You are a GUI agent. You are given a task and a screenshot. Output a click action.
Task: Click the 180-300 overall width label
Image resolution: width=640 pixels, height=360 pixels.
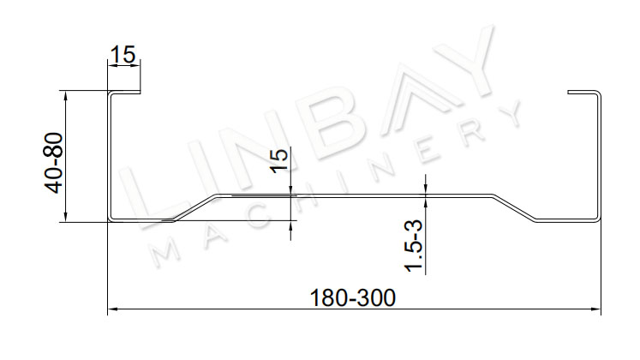pos(353,298)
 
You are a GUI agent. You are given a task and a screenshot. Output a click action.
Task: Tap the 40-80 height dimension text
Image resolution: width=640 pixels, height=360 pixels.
pos(54,163)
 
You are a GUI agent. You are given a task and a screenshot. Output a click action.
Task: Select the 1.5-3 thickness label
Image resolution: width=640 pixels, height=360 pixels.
pos(414,245)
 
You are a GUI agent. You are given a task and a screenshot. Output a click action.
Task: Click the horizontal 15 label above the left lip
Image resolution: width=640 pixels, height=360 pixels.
pos(123,55)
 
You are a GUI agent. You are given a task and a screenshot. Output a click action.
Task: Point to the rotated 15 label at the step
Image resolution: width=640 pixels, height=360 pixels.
pos(279,161)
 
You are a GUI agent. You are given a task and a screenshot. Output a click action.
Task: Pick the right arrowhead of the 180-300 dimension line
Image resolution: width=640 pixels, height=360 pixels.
pos(596,309)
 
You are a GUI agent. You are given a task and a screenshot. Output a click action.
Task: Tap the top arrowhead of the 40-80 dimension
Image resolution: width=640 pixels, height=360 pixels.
pos(65,94)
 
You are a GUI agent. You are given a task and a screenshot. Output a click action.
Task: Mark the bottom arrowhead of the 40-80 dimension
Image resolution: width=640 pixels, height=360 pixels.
pos(65,218)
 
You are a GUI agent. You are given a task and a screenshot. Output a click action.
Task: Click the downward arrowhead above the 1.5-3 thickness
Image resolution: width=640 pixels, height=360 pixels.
pos(426,189)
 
